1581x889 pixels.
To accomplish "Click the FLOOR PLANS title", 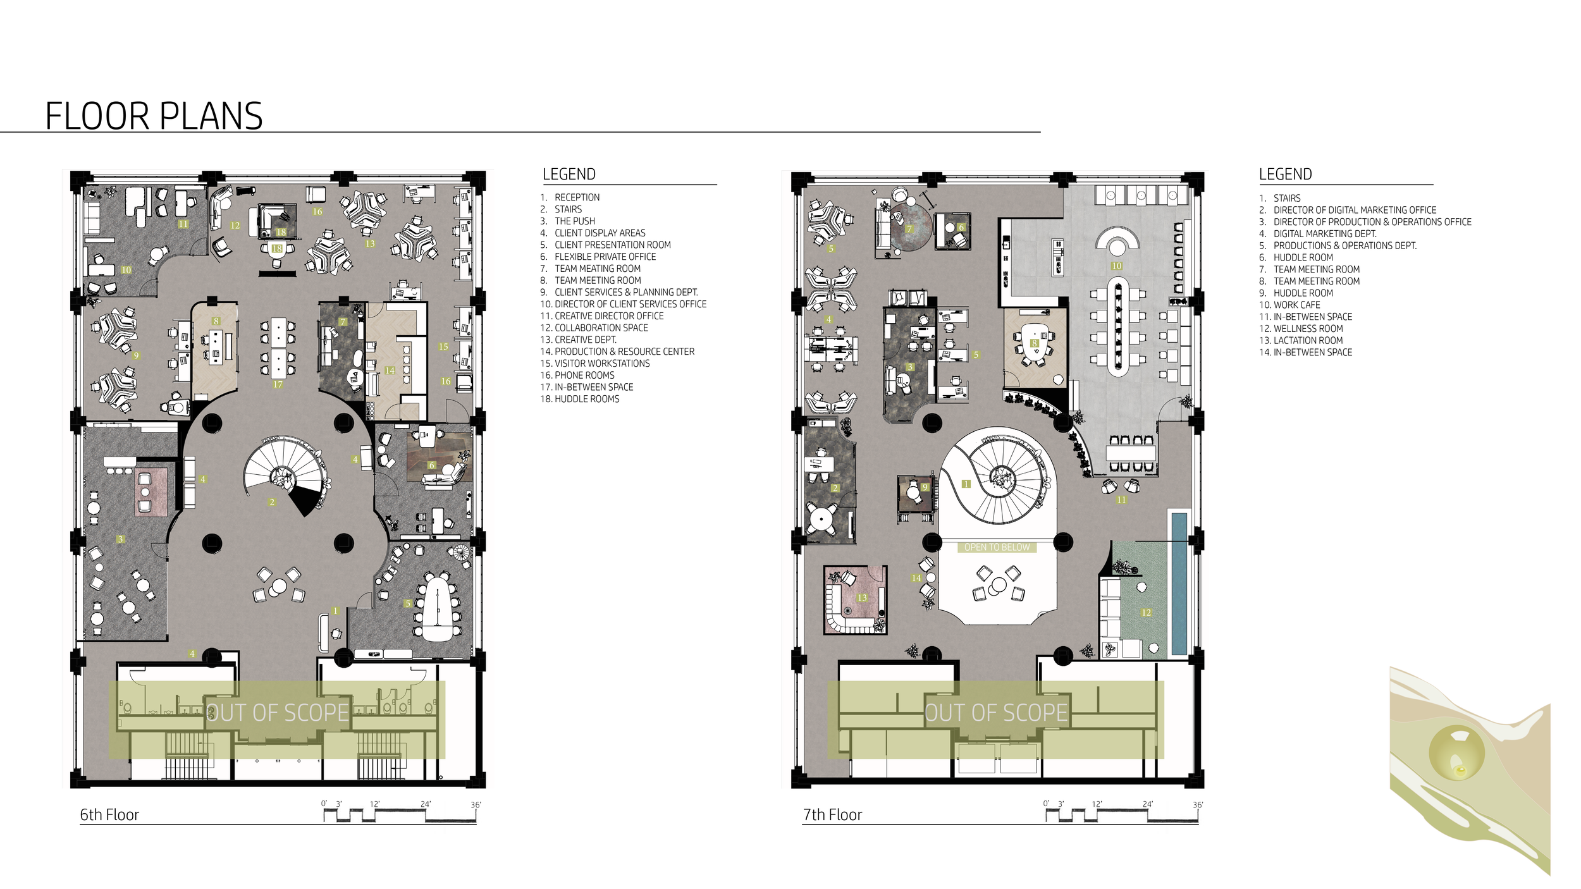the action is coord(154,116).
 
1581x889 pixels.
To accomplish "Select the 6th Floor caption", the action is coord(109,814).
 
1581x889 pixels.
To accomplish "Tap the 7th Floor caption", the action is coord(832,814).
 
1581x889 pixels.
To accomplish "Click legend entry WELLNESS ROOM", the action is coord(1301,329).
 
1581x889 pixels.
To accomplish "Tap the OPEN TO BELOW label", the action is coord(997,547).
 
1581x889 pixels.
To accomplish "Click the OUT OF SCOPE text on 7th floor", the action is coord(996,713).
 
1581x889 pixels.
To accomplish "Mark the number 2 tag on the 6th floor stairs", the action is coord(272,502).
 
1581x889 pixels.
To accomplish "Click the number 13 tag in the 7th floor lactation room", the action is coord(862,598).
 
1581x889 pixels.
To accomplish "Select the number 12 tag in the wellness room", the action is coord(1146,612).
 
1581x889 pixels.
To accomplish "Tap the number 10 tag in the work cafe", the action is coord(1117,266).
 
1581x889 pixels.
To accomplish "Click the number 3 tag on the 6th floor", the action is coord(120,539).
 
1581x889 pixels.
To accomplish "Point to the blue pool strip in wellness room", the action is coord(1179,584).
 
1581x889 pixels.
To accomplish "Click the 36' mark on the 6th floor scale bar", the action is coord(476,805).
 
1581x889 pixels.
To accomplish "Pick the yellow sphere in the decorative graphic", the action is coord(1456,752).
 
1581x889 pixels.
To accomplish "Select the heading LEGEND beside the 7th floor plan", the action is coord(1285,174).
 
